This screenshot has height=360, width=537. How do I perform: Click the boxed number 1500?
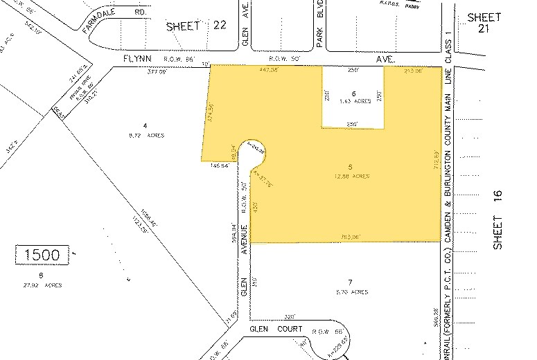coord(42,255)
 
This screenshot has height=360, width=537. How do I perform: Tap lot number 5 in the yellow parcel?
coord(350,167)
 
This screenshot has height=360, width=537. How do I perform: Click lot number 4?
coord(144,125)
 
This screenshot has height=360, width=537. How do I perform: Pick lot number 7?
coord(351,282)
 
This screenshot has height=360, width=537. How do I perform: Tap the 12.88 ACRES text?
coord(350,176)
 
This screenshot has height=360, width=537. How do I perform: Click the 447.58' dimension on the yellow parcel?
coord(267,70)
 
